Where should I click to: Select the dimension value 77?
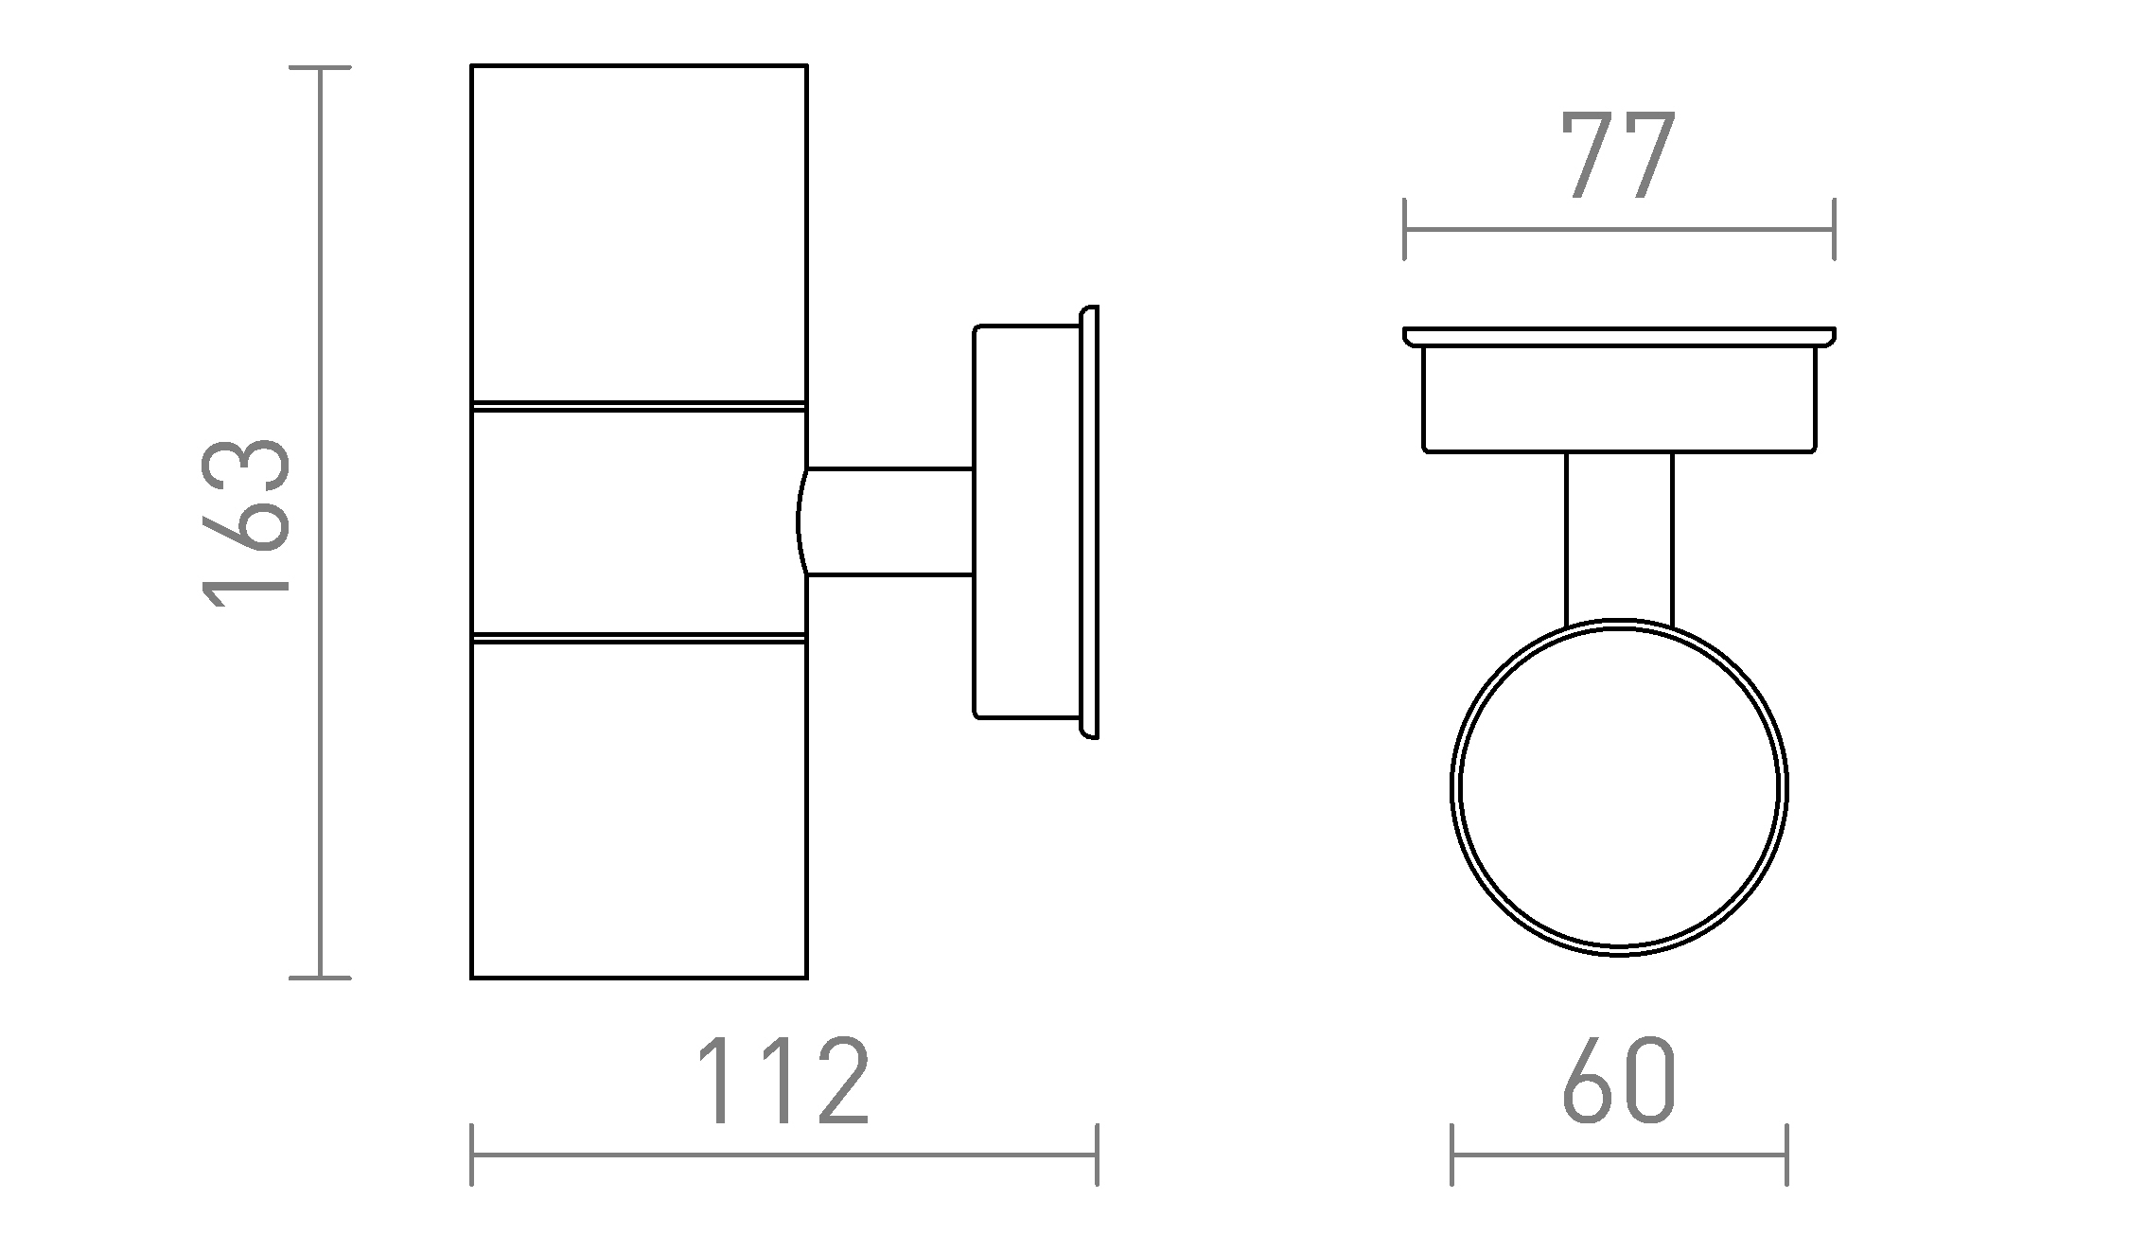pos(1619,155)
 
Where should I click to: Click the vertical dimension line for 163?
pos(321,522)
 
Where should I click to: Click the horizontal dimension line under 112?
pos(784,1155)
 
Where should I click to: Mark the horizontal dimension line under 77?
pos(1619,229)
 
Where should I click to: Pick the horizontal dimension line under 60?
pos(1619,1155)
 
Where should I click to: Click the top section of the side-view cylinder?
pos(639,234)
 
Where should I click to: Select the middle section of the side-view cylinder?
pos(639,521)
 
